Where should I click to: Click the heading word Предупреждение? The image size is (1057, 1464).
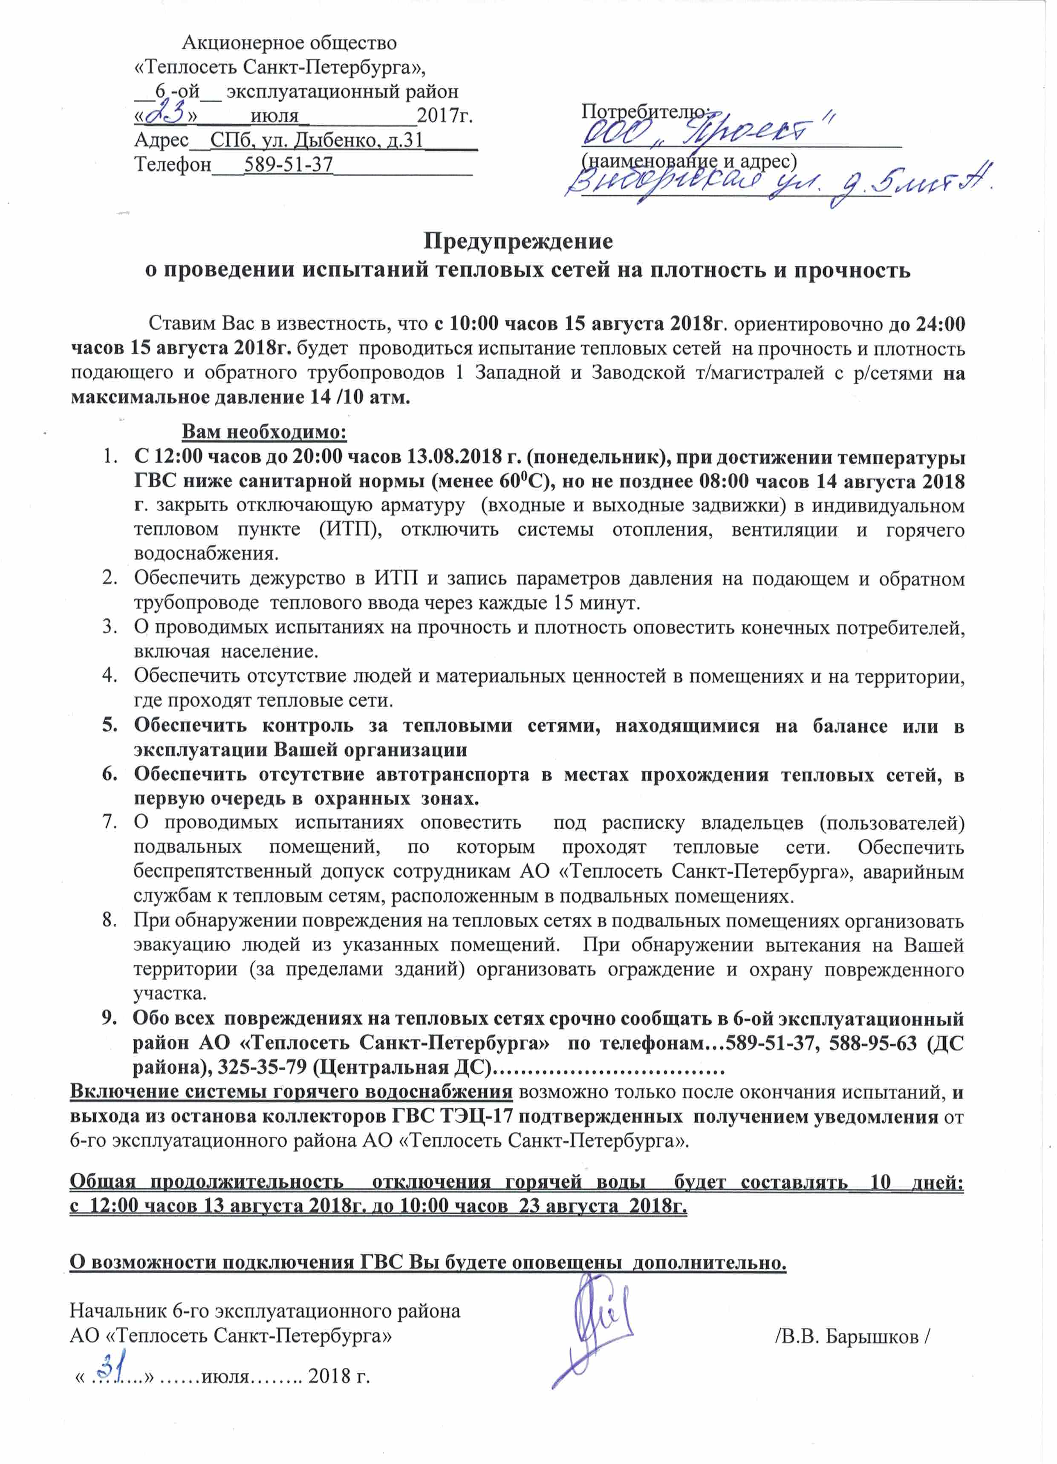518,241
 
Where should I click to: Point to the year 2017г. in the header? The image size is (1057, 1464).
444,116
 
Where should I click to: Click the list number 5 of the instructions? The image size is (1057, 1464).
110,726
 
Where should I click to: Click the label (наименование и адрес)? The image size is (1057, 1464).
688,160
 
